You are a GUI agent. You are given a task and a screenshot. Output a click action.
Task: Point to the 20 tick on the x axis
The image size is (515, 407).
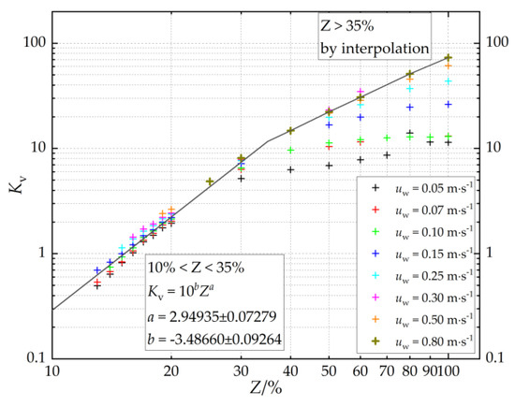[x=171, y=371]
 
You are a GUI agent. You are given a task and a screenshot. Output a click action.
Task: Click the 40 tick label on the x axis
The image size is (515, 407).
[x=290, y=371]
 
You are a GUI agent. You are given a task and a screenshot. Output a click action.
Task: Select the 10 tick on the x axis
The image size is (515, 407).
[x=52, y=371]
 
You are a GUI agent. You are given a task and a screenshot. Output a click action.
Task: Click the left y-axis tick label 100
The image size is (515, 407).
[x=37, y=43]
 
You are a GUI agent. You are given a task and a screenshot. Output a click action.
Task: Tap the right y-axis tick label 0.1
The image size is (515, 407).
[x=494, y=357]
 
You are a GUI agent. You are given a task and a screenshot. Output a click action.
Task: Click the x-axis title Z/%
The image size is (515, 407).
[x=266, y=389]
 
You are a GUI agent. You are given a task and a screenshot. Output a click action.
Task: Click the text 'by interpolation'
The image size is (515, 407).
[x=375, y=49]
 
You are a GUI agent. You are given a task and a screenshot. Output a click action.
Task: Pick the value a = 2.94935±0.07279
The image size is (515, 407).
[x=212, y=316]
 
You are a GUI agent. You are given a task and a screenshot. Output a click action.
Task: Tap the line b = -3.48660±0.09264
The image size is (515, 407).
[x=214, y=339]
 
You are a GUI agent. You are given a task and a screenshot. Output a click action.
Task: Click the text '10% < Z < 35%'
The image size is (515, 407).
[x=196, y=268]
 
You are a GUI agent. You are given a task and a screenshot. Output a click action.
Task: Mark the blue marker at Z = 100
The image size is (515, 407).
[x=448, y=105]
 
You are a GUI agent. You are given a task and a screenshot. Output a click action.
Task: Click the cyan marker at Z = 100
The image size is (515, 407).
[x=448, y=81]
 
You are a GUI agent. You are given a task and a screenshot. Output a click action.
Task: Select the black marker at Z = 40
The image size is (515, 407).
[x=290, y=169]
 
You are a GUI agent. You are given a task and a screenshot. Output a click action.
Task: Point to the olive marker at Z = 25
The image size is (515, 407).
[x=210, y=182]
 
